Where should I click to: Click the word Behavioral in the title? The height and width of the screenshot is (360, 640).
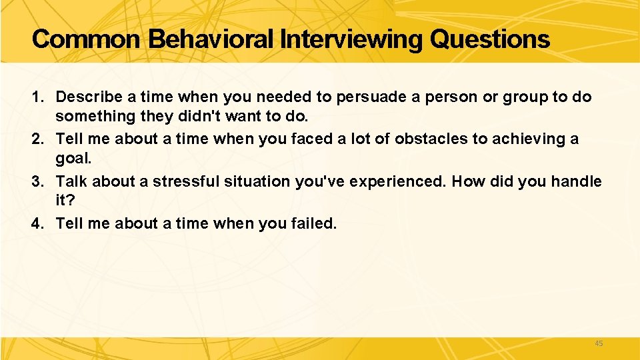pyautogui.click(x=212, y=39)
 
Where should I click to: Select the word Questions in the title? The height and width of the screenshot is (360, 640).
pyautogui.click(x=490, y=39)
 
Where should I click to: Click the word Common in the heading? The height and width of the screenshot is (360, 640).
pyautogui.click(x=86, y=39)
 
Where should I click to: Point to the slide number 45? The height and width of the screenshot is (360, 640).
pyautogui.click(x=598, y=343)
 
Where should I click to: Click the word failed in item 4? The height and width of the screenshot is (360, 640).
pyautogui.click(x=315, y=224)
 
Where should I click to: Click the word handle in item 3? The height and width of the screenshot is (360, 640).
pyautogui.click(x=578, y=182)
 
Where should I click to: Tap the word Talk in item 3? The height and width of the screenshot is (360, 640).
pyautogui.click(x=71, y=182)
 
